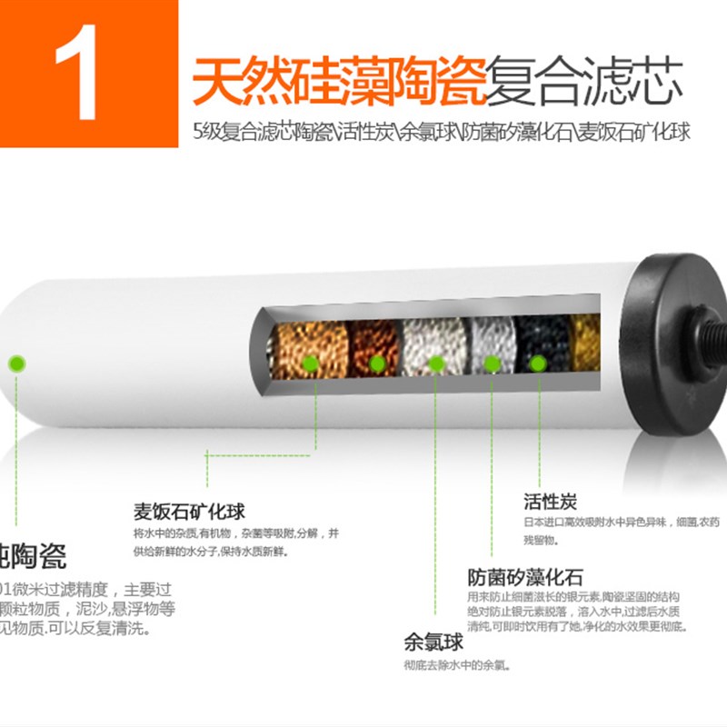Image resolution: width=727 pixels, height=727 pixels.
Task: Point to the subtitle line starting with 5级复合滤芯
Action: tap(441, 132)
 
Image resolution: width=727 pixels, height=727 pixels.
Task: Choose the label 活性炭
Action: tap(550, 502)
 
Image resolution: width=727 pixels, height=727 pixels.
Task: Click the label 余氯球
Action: tap(433, 643)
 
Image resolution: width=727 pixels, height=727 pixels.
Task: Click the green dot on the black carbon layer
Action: tap(538, 363)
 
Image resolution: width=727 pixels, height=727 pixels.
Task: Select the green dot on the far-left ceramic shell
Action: tap(15, 364)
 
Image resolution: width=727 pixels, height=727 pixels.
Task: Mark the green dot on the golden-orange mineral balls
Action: tap(310, 363)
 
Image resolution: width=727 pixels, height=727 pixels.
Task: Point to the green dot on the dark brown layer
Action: tap(377, 363)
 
